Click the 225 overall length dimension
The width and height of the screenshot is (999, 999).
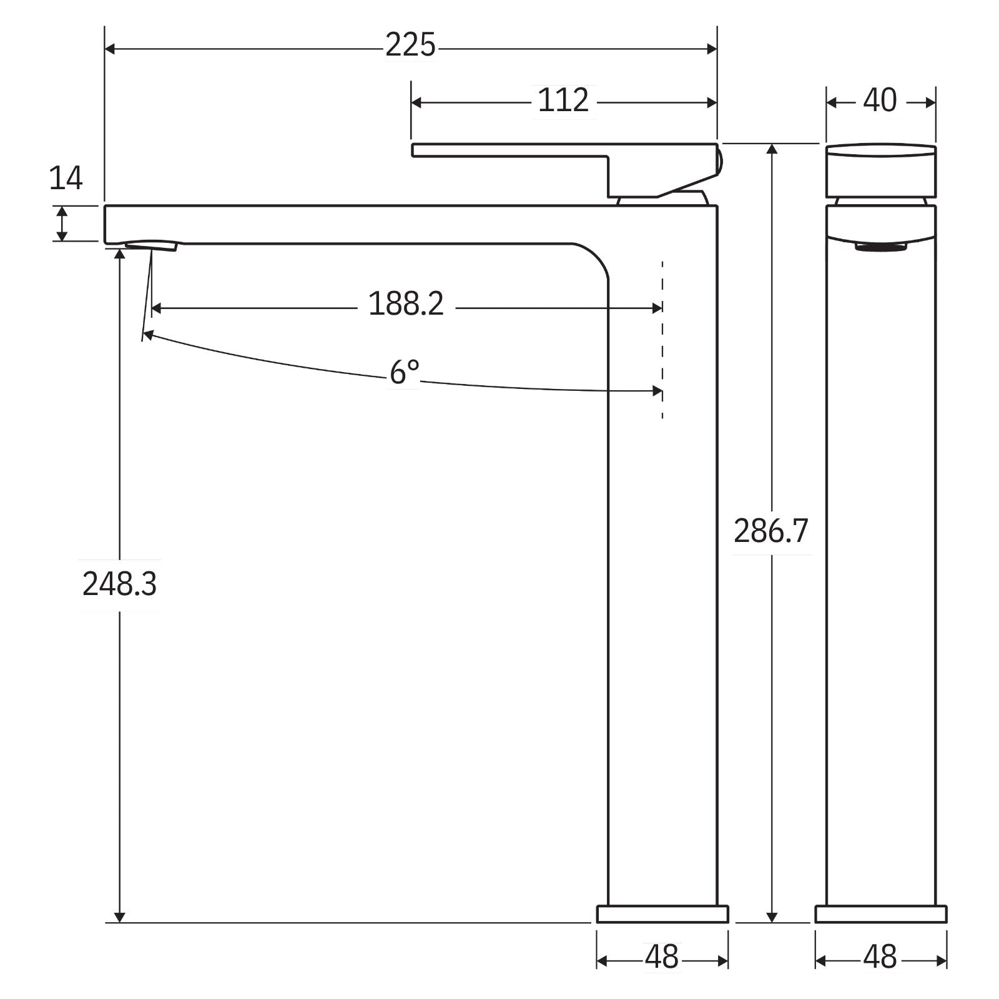coord(410,46)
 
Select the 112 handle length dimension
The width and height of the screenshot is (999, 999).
coord(563,101)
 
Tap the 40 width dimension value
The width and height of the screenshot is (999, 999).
coord(880,101)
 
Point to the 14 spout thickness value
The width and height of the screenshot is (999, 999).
coord(66,179)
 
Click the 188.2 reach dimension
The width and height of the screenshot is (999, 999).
coord(406,305)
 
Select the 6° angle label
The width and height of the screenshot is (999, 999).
coord(404,373)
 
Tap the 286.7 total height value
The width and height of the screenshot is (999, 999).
coord(770,531)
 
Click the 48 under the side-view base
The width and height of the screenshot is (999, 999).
coord(662,957)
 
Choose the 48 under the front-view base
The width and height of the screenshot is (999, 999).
coord(880,957)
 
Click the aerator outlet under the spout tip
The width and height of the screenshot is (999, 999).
coord(152,245)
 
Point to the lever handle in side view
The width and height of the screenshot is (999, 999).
coord(562,150)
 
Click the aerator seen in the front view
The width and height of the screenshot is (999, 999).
coord(880,247)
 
